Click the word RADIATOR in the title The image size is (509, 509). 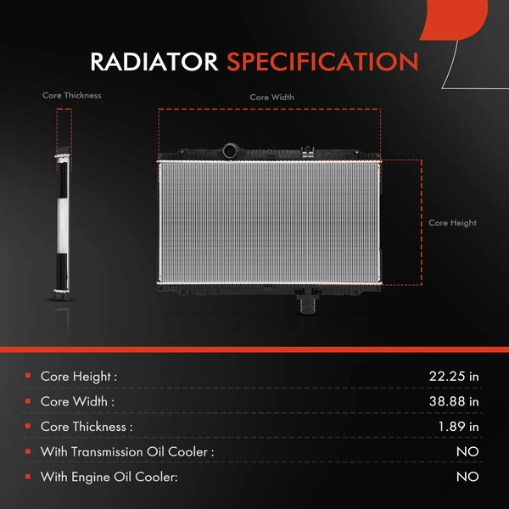(x=154, y=62)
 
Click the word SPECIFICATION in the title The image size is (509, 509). (x=322, y=62)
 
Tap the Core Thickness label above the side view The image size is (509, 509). (x=72, y=95)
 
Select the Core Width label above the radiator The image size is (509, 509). (x=272, y=97)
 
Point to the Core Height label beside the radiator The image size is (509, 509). (x=452, y=222)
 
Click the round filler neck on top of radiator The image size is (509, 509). (x=231, y=151)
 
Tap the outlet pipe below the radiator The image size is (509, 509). (x=307, y=305)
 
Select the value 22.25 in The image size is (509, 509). (x=454, y=377)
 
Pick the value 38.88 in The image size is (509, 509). (x=454, y=401)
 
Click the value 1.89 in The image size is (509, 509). (x=458, y=427)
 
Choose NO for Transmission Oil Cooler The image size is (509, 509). (x=467, y=451)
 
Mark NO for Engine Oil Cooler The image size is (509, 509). (x=467, y=477)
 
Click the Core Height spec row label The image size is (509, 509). (x=79, y=377)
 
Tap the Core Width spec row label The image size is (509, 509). (x=77, y=401)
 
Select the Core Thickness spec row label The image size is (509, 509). (x=87, y=427)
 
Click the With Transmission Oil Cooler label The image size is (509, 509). (x=127, y=451)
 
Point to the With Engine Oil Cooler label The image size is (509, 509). (x=109, y=477)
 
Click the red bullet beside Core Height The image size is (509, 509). (x=28, y=376)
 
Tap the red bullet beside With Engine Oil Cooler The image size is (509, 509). (x=28, y=476)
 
